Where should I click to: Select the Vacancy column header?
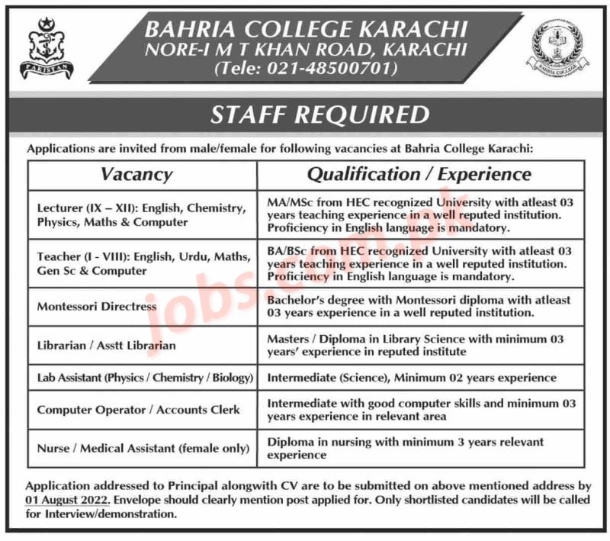pyautogui.click(x=136, y=174)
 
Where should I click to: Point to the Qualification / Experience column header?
pyautogui.click(x=419, y=174)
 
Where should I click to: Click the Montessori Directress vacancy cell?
pyautogui.click(x=96, y=306)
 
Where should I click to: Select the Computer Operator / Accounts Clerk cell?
pyautogui.click(x=138, y=410)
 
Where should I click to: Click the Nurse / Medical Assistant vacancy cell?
pyautogui.click(x=138, y=448)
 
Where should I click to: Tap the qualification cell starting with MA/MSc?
pyautogui.click(x=420, y=215)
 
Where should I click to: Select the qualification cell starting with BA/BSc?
pyautogui.click(x=420, y=263)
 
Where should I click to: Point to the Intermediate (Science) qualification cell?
pyautogui.click(x=412, y=378)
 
